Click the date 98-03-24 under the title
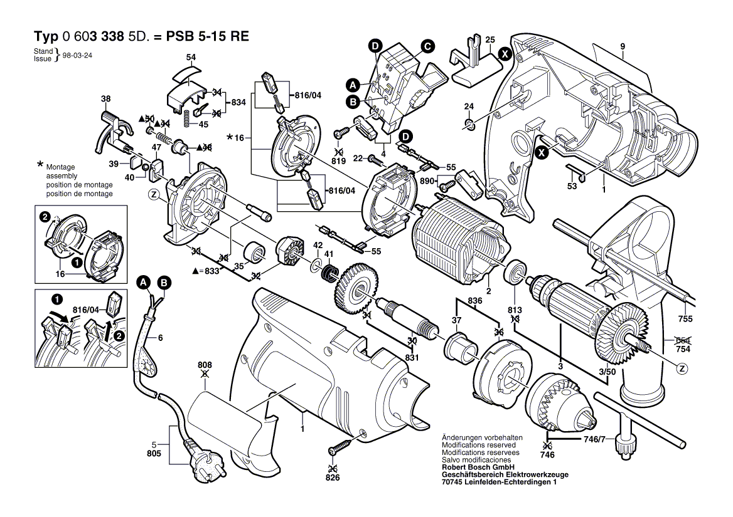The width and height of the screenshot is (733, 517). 77,55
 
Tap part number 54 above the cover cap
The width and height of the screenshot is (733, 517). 191,58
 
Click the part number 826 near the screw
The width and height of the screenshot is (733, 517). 333,478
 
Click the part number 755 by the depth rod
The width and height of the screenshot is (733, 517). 685,320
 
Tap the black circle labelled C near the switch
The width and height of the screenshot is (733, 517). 427,45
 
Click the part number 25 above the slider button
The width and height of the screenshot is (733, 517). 491,39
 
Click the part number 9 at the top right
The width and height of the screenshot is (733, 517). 623,46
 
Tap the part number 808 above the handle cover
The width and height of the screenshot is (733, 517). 205,365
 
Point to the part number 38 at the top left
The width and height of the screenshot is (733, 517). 105,98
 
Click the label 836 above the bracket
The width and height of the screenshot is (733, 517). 475,301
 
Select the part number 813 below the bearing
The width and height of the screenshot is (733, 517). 515,310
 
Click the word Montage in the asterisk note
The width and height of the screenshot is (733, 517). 60,167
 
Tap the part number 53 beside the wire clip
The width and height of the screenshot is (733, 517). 572,187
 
